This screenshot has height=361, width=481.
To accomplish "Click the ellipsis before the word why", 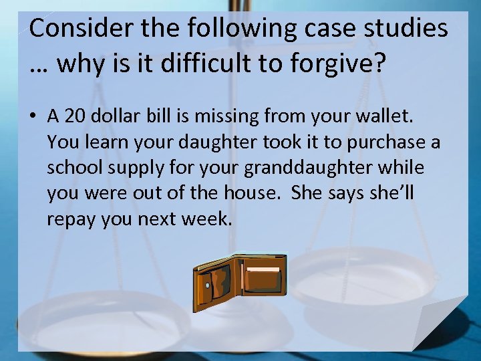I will [x=40, y=67].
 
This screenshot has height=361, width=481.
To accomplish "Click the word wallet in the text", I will [x=387, y=117].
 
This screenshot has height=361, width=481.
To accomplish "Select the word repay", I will [x=71, y=219].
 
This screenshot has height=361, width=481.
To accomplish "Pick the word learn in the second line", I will [x=106, y=142].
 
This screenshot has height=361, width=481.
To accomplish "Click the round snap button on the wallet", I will [x=208, y=285].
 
